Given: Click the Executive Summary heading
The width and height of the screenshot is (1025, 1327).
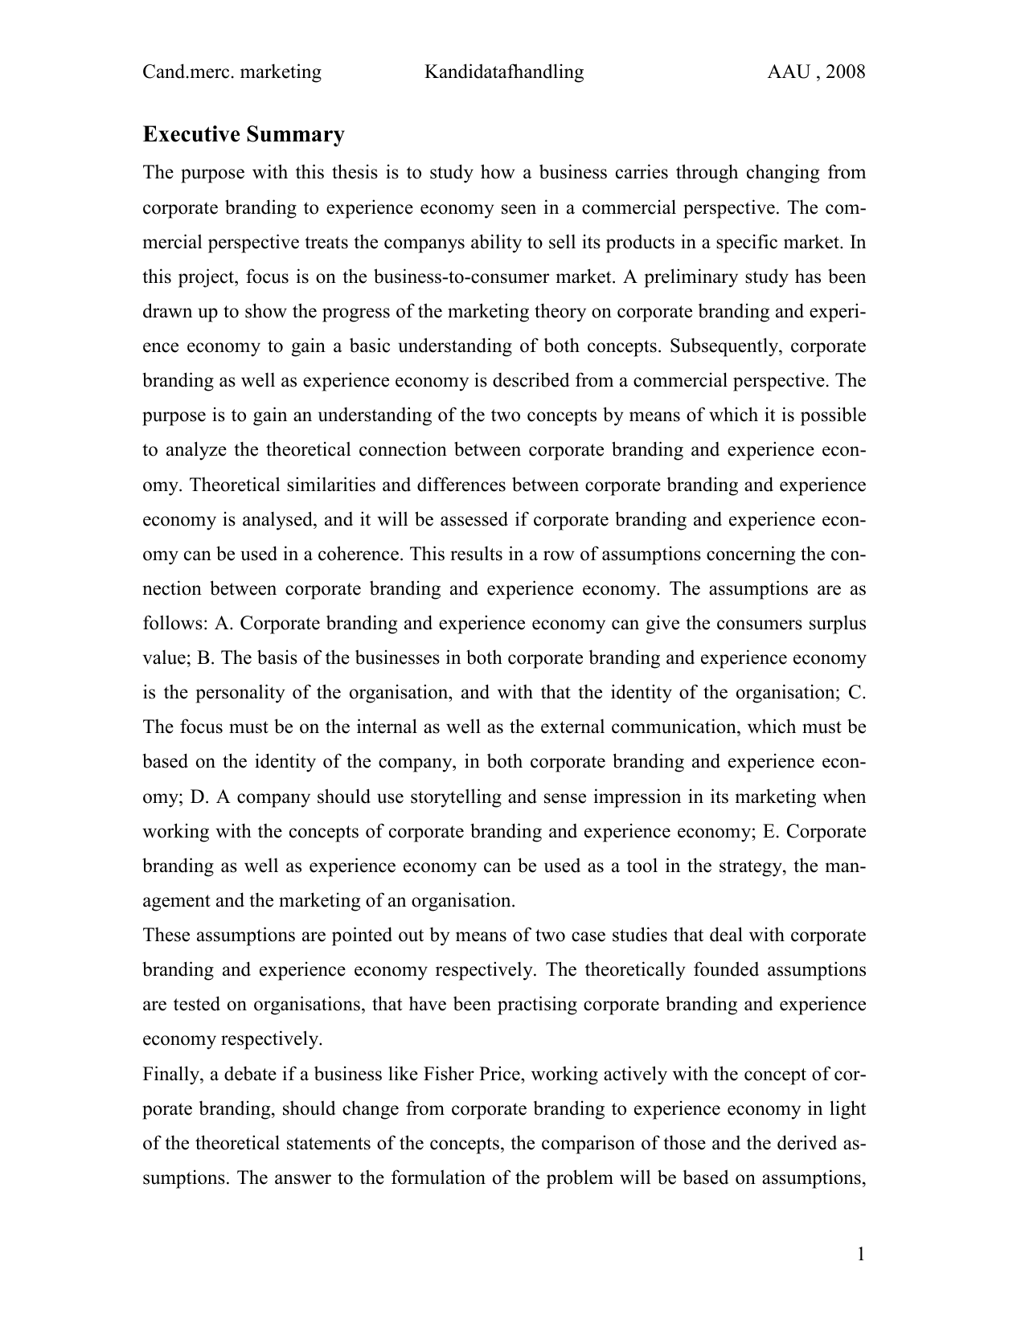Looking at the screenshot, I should click(x=244, y=134).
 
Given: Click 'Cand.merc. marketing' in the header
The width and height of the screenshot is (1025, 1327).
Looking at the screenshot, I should click(x=232, y=72).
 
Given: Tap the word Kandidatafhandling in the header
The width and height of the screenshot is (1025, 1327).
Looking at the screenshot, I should click(x=504, y=72).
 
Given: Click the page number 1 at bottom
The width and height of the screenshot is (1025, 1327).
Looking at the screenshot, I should click(x=860, y=1255).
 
